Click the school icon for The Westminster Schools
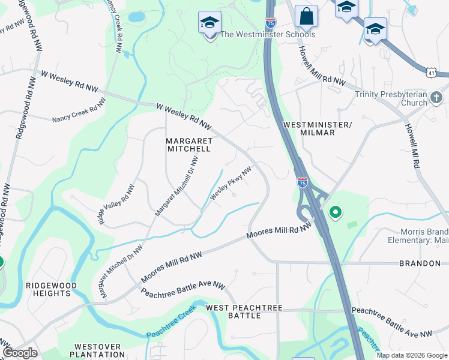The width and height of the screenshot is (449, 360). click(209, 23)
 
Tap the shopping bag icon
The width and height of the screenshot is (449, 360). click(306, 17)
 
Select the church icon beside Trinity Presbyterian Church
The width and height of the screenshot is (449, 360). click(436, 97)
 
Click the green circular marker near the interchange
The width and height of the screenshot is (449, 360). click(336, 212)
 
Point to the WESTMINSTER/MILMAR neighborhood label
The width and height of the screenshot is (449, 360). click(316, 128)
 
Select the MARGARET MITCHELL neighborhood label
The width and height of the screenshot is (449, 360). click(188, 144)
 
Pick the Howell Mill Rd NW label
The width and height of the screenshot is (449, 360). click(322, 64)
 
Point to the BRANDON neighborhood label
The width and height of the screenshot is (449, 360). click(420, 263)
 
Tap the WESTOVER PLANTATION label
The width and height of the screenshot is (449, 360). click(97, 350)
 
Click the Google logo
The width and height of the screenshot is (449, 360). click(20, 353)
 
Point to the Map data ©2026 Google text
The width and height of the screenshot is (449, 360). click(412, 355)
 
